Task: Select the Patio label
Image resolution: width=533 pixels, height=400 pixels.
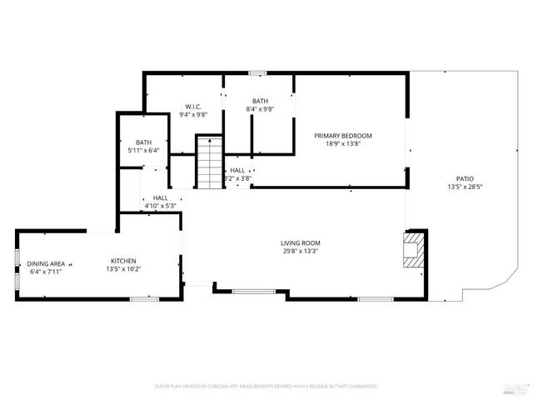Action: [465, 178]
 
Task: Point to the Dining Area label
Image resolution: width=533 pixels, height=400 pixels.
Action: [45, 263]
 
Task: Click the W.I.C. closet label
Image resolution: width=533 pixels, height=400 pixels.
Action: [194, 107]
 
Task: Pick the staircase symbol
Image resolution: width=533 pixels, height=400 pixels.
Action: [209, 165]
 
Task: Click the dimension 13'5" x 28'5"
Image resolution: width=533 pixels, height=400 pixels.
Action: [465, 187]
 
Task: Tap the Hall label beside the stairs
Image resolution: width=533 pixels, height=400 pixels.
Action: [237, 170]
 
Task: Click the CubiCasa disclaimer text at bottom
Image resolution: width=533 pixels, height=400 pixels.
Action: [266, 387]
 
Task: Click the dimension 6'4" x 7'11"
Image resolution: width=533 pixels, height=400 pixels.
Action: [45, 272]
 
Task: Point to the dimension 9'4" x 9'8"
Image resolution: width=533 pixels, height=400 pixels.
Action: [194, 115]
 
